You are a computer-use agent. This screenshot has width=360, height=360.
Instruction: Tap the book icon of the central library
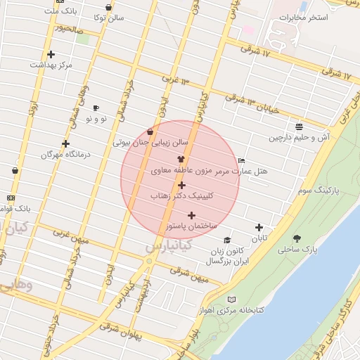click(232, 300)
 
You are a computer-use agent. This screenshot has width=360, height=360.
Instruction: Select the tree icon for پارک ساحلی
click(297, 238)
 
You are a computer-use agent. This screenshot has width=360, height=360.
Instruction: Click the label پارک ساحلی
click(298, 250)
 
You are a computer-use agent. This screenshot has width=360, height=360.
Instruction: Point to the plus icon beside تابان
click(259, 227)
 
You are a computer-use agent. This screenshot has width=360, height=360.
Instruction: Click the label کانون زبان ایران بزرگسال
click(225, 256)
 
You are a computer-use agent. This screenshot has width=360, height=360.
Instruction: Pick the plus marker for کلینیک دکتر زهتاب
click(181, 185)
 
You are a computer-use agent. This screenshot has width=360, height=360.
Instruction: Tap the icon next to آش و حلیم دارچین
click(300, 127)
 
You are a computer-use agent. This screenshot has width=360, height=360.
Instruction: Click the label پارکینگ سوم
click(318, 190)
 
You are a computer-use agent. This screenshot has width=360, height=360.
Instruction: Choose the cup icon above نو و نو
click(96, 108)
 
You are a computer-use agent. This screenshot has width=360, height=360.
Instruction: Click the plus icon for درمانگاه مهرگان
click(65, 143)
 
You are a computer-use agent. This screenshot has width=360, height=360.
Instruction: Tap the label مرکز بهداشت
click(51, 65)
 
